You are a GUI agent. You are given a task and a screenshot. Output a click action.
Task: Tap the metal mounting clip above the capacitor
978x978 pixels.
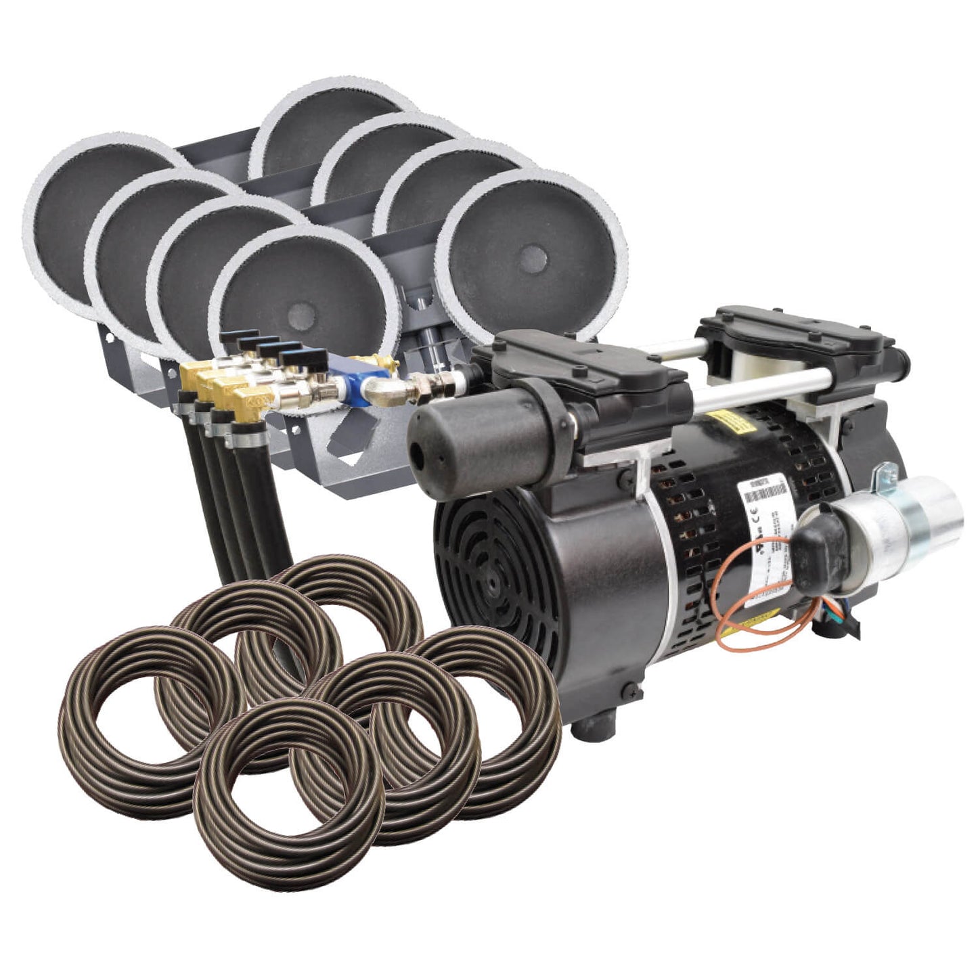tap(883, 474)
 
